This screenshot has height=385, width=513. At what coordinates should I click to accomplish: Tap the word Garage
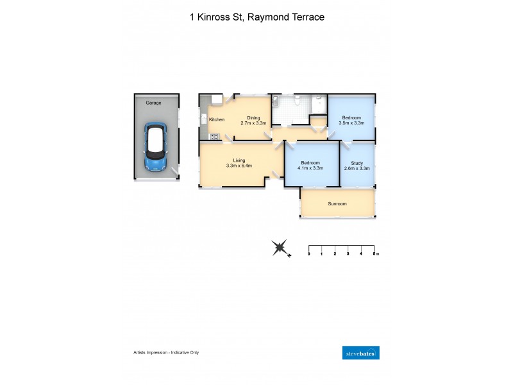click(153, 103)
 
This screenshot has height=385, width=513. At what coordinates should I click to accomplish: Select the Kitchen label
click(216, 119)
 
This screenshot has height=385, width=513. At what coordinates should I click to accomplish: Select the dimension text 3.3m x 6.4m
click(239, 166)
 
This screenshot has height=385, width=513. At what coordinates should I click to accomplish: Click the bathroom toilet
click(298, 100)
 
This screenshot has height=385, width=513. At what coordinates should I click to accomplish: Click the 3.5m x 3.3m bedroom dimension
click(351, 123)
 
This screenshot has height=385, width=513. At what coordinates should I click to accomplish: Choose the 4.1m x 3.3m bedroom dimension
click(311, 168)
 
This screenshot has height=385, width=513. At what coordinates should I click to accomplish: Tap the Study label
click(357, 163)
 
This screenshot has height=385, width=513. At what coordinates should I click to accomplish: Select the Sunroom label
click(337, 203)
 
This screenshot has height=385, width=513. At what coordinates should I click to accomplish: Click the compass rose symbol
click(280, 248)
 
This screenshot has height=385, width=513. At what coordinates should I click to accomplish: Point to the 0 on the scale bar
click(309, 255)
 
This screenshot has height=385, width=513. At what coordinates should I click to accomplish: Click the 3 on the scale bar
click(348, 255)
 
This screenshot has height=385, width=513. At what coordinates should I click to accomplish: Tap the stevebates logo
click(362, 352)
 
